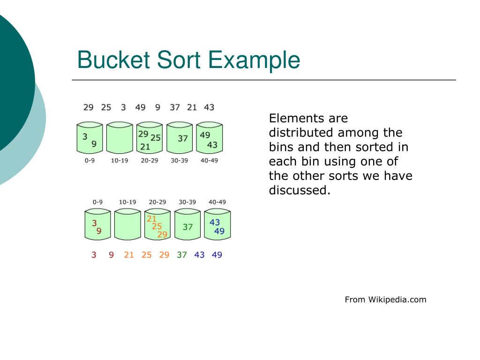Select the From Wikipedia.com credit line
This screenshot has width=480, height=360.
tap(385, 300)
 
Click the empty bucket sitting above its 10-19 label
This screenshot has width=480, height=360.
tap(120, 138)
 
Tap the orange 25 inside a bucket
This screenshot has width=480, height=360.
tap(157, 226)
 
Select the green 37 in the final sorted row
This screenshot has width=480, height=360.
tap(182, 255)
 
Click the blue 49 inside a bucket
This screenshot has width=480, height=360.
tap(219, 231)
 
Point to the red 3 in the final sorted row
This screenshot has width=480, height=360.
tap(94, 255)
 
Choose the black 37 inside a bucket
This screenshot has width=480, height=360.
tap(182, 138)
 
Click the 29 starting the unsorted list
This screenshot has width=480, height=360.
tap(88, 107)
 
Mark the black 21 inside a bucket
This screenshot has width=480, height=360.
tap(145, 147)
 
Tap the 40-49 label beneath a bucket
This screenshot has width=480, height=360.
tap(209, 160)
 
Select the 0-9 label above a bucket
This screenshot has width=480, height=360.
tap(97, 202)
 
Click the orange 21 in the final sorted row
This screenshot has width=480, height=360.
tap(129, 255)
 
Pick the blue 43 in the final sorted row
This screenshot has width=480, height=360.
tap(199, 255)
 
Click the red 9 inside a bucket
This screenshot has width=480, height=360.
tap(99, 231)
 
